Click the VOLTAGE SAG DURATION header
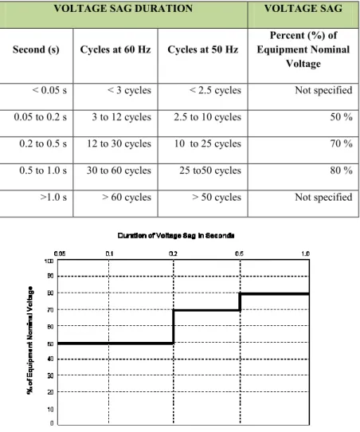coord(123,8)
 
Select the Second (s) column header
coord(36,49)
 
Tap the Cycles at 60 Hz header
coord(115,49)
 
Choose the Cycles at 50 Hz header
coord(203,49)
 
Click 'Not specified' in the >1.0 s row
coord(323,197)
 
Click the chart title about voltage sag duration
coord(176,236)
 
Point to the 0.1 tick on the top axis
coord(109,253)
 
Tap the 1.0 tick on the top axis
coord(306,253)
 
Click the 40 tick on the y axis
coord(50,359)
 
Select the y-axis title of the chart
coord(30,340)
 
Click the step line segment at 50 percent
coord(115,344)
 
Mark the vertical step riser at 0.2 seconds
coord(174,327)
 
